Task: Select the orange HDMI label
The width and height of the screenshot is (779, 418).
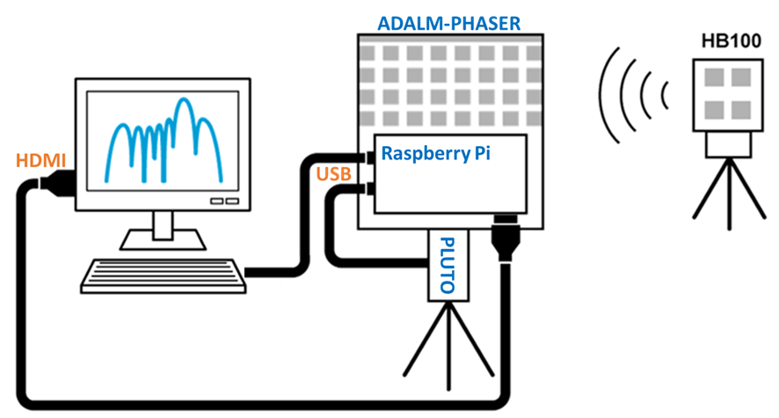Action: (40, 161)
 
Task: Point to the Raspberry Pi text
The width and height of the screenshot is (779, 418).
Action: (435, 153)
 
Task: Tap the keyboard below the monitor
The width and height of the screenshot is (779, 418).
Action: (163, 275)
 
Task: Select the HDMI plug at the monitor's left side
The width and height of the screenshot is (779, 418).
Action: (58, 185)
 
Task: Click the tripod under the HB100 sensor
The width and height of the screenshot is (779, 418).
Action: (725, 189)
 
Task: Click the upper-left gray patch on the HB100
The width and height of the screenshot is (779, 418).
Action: (710, 77)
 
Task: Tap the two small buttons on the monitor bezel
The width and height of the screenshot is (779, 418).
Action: (224, 201)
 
